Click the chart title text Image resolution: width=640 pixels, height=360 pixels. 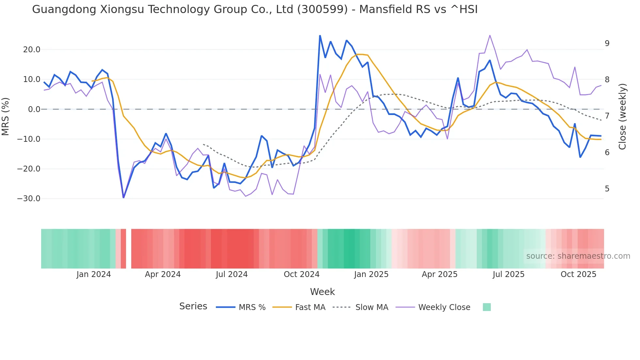[255, 9]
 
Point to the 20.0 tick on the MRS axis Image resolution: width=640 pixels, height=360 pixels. [31, 50]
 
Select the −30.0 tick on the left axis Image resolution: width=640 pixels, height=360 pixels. [29, 199]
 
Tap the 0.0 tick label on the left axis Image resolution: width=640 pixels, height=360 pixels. [34, 109]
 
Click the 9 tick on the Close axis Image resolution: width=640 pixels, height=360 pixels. [607, 43]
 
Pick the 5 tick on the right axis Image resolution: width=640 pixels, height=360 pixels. [607, 189]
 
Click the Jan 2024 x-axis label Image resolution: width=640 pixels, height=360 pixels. [94, 274]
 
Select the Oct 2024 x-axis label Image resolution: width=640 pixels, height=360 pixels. [301, 274]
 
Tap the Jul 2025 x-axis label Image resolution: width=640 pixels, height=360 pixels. [508, 274]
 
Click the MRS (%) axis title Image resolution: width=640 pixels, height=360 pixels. [6, 116]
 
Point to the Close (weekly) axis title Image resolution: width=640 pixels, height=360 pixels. [622, 116]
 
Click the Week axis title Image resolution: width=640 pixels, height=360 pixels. [322, 292]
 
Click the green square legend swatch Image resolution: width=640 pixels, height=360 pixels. [487, 307]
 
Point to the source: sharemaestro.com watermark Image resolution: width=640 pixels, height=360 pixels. [578, 256]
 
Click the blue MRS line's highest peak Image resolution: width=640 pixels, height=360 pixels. [320, 36]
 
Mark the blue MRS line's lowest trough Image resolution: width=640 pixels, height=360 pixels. [123, 197]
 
